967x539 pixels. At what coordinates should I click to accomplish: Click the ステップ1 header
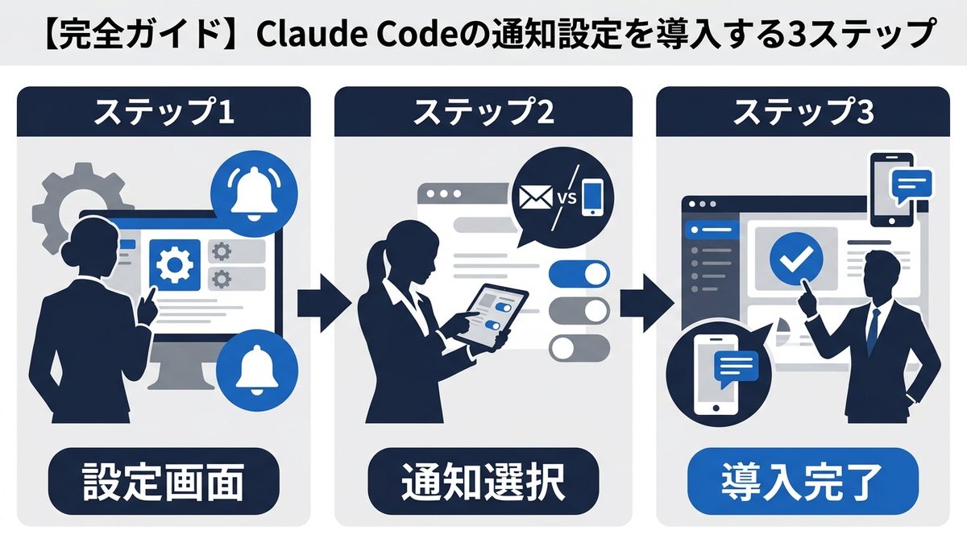point(164,114)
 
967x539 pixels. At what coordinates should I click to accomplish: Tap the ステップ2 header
point(483,114)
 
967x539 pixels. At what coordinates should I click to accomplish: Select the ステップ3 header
point(803,114)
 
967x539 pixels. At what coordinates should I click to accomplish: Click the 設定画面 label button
point(164,481)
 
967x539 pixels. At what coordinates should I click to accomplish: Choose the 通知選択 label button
point(483,481)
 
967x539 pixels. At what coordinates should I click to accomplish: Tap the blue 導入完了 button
point(803,481)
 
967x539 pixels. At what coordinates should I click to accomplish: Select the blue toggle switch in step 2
point(579,274)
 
